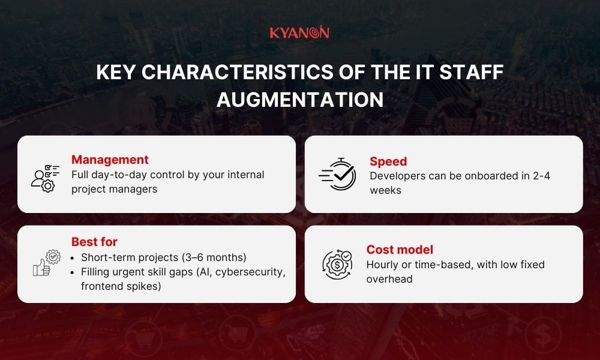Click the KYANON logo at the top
coord(299,32)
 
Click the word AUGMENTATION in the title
coord(299,100)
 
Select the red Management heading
coord(110,160)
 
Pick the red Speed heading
coord(388,161)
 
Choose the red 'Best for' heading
coord(94,242)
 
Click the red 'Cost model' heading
coord(400,250)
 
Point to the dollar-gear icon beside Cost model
coord(337,265)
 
